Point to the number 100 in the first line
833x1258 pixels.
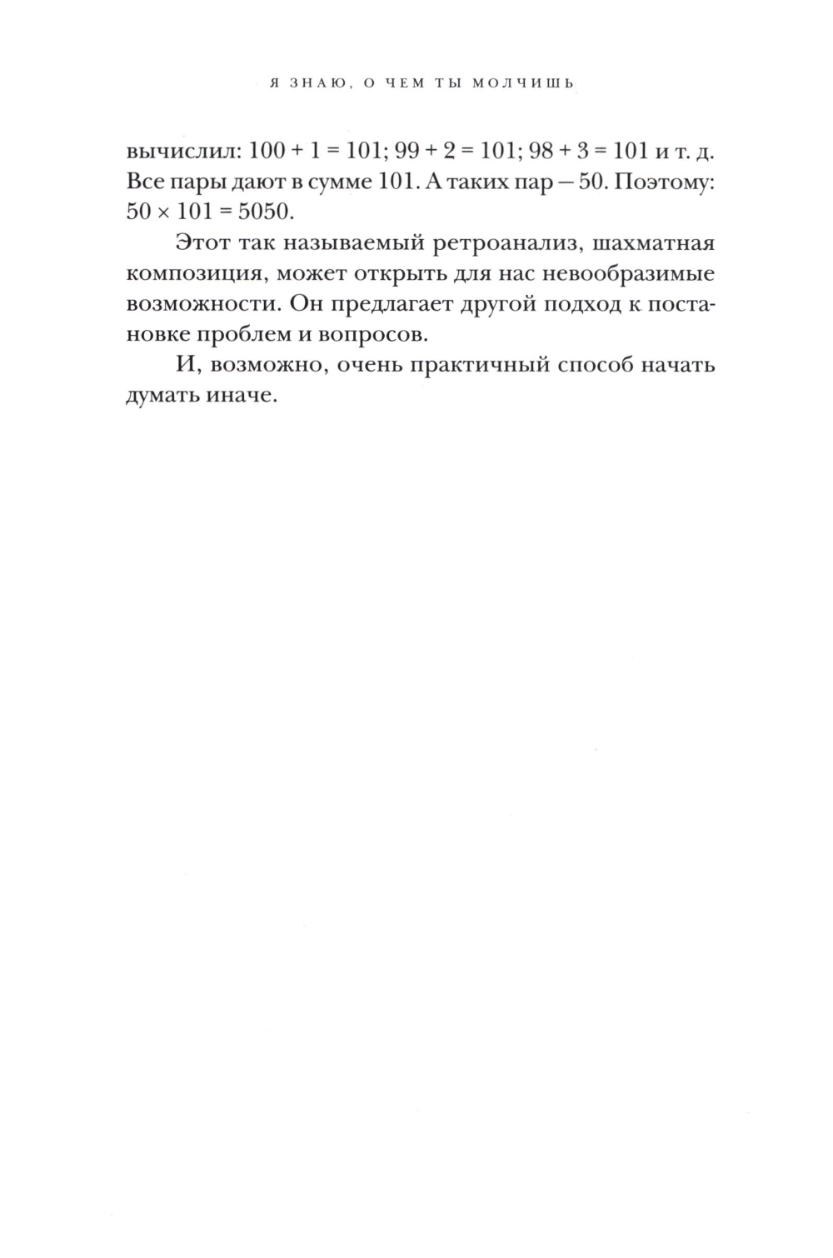pos(267,154)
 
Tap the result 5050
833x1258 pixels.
pos(267,211)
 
